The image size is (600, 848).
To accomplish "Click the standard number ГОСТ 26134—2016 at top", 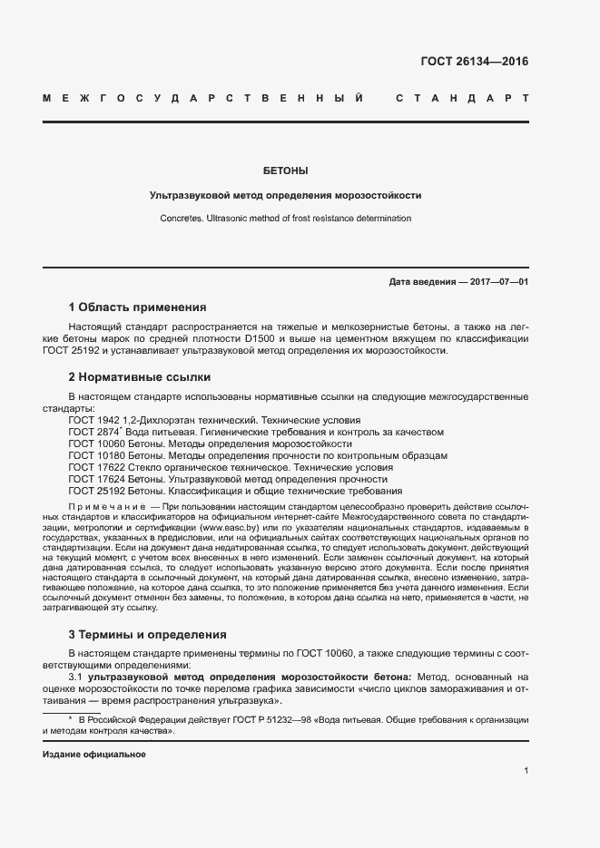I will pos(474,62).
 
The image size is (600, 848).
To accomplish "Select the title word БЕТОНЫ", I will pos(285,170).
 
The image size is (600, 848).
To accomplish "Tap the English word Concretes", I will pos(182,219).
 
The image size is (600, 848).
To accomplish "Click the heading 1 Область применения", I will pos(137,307).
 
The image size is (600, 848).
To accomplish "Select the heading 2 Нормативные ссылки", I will pos(139,375).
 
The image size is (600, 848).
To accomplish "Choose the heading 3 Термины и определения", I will pos(147,634).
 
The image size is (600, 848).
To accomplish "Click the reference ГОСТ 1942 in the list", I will pos(93,421).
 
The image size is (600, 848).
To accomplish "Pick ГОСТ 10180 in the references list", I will pos(95,456).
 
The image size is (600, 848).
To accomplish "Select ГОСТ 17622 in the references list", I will pos(95,467).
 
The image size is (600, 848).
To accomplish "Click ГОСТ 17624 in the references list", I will pos(95,479).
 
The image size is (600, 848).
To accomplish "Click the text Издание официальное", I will pos(94,755).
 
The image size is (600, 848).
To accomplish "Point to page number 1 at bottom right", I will pos(526,770).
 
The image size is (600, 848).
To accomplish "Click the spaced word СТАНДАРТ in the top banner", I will pos(463,97).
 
